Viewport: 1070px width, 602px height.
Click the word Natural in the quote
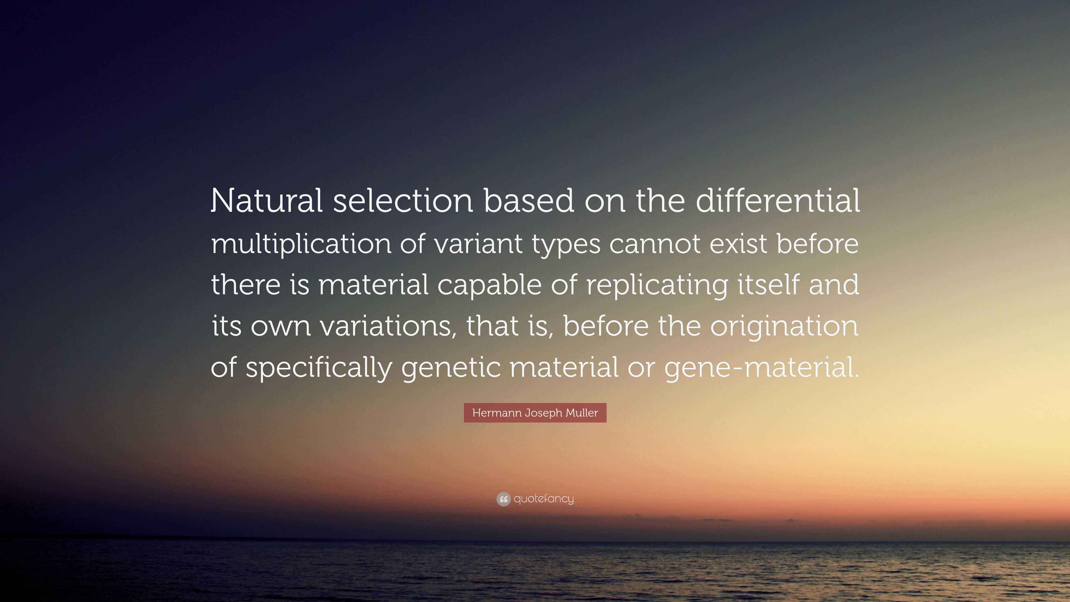(x=267, y=201)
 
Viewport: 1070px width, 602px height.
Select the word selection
(x=402, y=201)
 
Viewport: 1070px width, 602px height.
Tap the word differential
(x=778, y=201)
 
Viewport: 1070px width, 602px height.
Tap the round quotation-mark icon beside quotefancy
(x=503, y=499)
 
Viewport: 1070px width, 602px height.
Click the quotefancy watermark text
(x=544, y=499)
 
